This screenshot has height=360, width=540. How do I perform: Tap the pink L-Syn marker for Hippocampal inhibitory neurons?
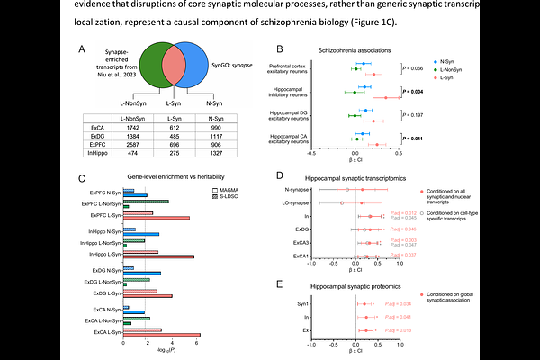(x=388, y=96)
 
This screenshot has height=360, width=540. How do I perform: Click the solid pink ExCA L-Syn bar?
(x=161, y=333)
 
